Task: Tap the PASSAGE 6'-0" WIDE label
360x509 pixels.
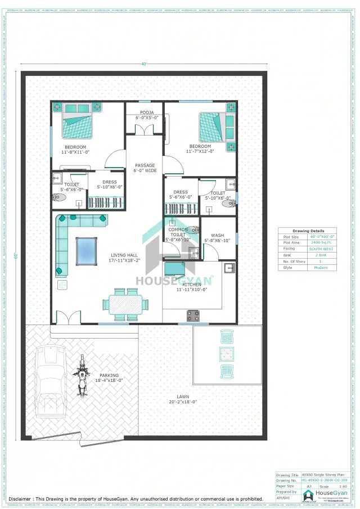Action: click(x=145, y=168)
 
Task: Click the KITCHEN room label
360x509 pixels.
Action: click(x=192, y=287)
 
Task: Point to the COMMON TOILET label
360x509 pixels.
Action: click(x=178, y=235)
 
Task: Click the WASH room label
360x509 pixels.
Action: click(x=217, y=238)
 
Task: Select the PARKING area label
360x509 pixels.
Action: click(x=109, y=377)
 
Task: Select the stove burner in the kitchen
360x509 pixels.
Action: click(x=193, y=316)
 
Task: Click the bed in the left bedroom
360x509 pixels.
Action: click(x=77, y=125)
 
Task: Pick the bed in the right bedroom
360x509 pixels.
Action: click(x=213, y=128)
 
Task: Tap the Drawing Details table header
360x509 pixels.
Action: click(x=308, y=231)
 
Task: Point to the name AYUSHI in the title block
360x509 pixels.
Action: click(x=283, y=498)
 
